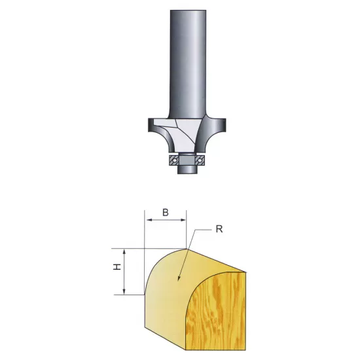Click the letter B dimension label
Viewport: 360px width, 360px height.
tap(166, 212)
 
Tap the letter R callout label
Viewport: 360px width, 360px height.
tap(223, 230)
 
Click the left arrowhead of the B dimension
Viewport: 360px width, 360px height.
tap(146, 221)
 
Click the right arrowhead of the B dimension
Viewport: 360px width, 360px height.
tap(186, 221)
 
